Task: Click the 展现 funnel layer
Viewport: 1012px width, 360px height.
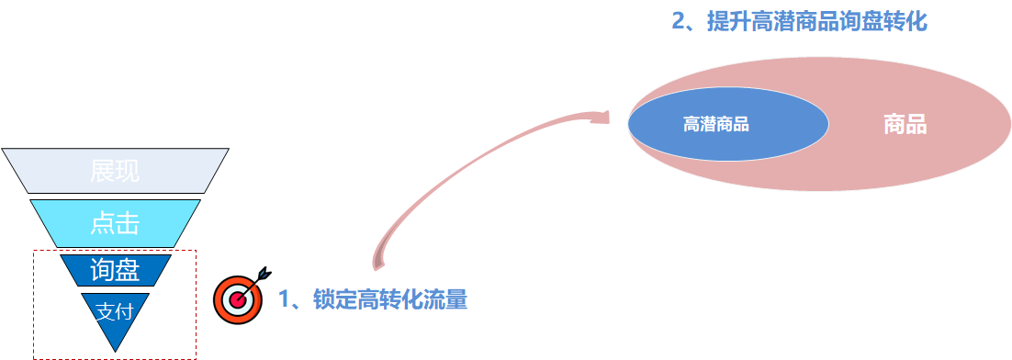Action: (x=115, y=171)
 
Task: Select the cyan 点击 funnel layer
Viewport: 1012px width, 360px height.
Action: (x=115, y=222)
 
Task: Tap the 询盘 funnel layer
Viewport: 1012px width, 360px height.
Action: (x=115, y=269)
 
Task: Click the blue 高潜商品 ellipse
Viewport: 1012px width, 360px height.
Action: (x=728, y=124)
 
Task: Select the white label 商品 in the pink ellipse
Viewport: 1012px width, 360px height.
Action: (x=905, y=124)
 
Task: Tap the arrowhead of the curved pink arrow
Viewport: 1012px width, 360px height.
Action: (x=602, y=117)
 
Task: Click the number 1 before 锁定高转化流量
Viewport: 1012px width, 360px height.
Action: (x=285, y=299)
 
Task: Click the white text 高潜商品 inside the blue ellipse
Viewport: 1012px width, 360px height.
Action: (x=716, y=124)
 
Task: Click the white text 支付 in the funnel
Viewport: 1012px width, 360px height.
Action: (x=115, y=311)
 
